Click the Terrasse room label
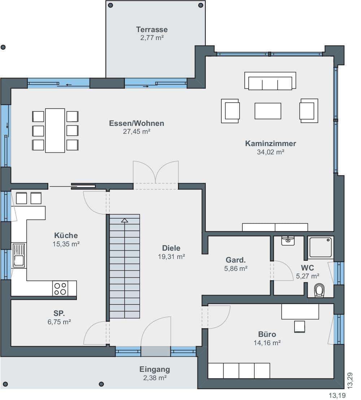[152, 29]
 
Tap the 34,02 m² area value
[271, 152]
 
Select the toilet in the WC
[319, 290]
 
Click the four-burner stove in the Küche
[61, 289]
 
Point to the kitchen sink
[19, 255]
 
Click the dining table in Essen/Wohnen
[55, 131]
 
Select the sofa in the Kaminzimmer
[270, 81]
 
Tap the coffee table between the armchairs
[268, 111]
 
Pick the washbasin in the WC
[288, 241]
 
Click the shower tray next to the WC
[321, 247]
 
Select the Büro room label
[267, 334]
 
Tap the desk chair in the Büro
[300, 327]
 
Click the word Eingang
[155, 370]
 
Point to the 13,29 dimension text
[350, 381]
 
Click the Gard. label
[236, 260]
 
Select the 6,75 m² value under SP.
[59, 322]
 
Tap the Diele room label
[171, 248]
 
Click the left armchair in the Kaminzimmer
[230, 111]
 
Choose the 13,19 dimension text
[337, 396]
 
